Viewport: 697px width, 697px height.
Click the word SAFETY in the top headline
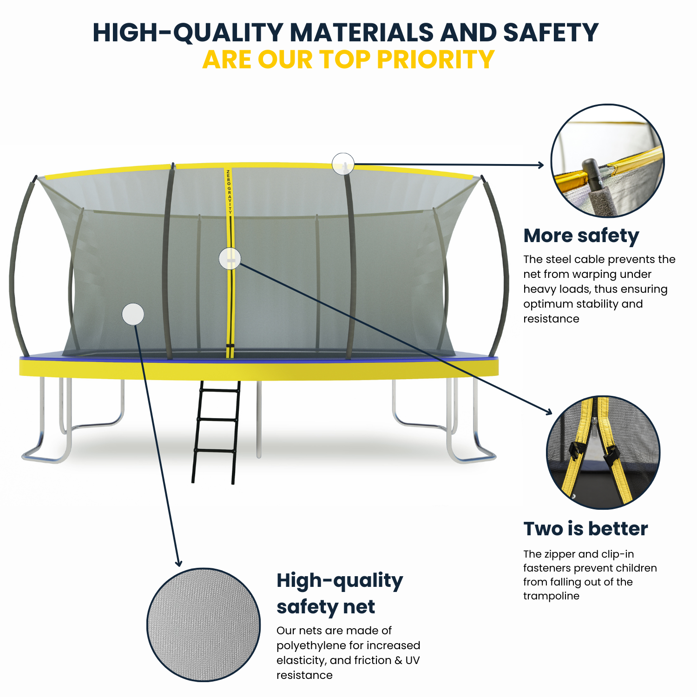point(551,33)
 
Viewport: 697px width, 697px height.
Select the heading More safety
point(581,236)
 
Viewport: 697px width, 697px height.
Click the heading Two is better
point(585,528)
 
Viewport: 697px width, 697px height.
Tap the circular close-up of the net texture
point(204,625)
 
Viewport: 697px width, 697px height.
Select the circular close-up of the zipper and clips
point(603,452)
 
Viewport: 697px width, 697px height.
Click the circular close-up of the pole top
point(607,160)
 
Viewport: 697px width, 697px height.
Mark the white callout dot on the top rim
point(343,164)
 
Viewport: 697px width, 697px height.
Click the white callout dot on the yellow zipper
point(230,258)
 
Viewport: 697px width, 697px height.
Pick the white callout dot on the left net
point(133,315)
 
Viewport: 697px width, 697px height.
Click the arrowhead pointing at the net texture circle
point(178,564)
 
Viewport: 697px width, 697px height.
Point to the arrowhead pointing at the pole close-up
point(541,165)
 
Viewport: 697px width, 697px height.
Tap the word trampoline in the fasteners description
point(551,596)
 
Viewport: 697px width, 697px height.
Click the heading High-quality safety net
point(339,593)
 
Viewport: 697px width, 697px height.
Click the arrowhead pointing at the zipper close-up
point(549,412)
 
